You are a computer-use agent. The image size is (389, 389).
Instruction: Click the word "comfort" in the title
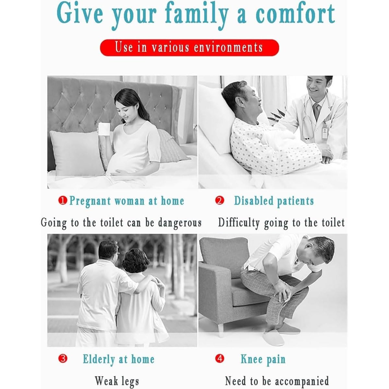295,14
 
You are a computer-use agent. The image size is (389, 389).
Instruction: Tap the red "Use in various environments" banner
189,48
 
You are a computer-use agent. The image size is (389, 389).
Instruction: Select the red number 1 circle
63,201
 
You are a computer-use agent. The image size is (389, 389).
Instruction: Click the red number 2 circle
220,201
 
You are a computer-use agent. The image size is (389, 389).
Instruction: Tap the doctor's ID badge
324,133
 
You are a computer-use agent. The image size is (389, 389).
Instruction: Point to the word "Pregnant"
90,201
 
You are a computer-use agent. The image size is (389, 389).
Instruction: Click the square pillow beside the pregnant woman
77,153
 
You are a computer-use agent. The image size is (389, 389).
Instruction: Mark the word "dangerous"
180,223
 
